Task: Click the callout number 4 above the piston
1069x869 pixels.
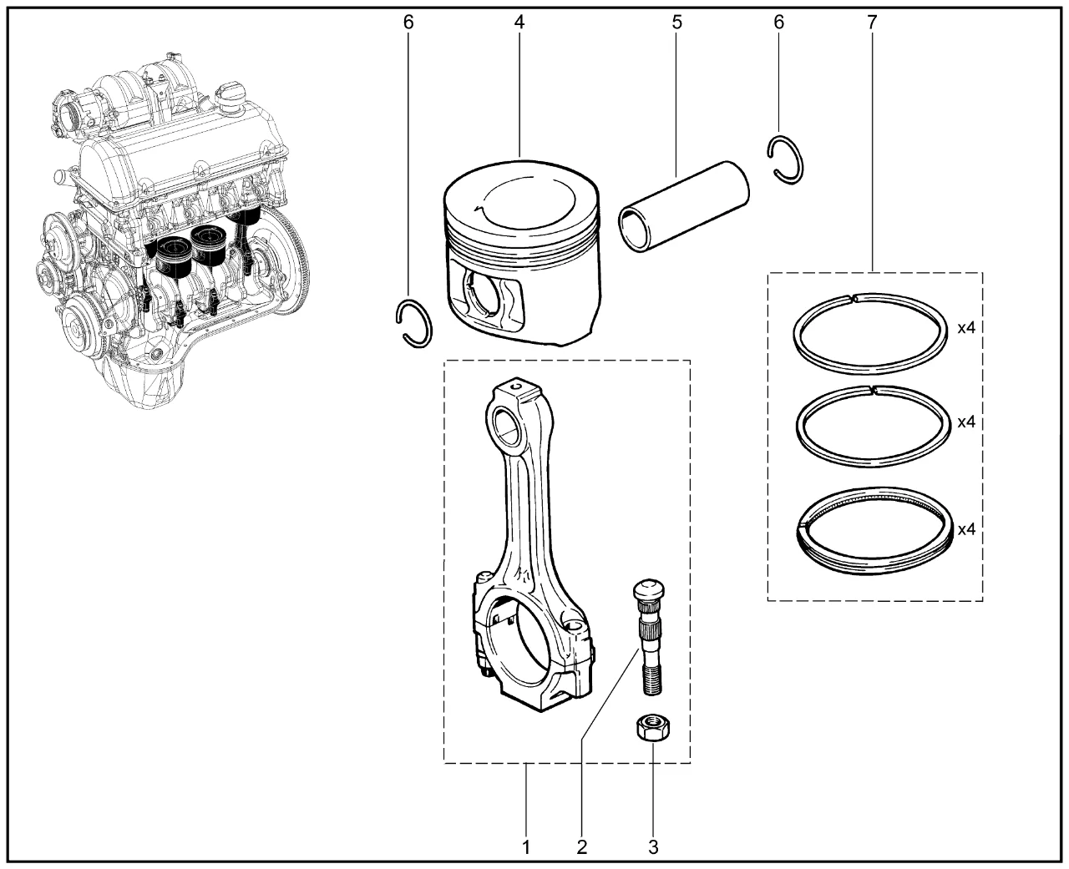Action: tap(519, 23)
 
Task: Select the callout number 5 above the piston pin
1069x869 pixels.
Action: tap(676, 23)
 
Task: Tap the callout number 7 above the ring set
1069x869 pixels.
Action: tap(872, 23)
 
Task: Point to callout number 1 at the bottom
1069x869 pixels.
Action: tap(526, 847)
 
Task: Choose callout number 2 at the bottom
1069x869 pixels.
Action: tap(581, 847)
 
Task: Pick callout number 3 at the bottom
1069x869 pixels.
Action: tap(653, 847)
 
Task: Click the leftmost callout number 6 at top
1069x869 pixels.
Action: tap(408, 23)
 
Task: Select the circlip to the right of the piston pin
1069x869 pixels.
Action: tap(786, 158)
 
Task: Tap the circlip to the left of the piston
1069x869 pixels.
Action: tap(413, 322)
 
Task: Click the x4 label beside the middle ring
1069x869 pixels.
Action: tap(966, 422)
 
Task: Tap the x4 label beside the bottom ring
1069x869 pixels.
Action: tap(966, 529)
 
